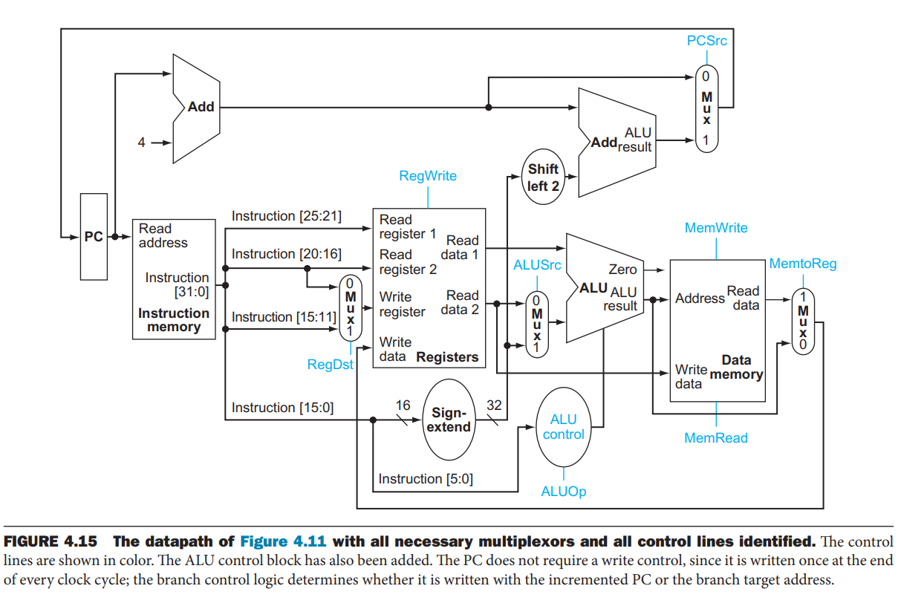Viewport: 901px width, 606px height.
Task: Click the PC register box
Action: click(94, 237)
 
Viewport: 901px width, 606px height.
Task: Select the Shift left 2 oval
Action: click(543, 177)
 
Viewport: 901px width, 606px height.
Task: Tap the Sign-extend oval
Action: click(451, 420)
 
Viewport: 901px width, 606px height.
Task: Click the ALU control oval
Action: click(563, 427)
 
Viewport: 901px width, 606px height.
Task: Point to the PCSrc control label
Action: click(706, 41)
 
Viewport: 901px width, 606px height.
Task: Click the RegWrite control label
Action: click(428, 176)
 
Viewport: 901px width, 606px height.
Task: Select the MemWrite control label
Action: click(716, 228)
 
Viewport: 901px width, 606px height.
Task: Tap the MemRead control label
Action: click(716, 438)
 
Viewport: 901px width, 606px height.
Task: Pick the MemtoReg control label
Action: click(802, 264)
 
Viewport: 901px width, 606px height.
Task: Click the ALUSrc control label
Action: click(537, 265)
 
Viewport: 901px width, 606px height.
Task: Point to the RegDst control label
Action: click(330, 365)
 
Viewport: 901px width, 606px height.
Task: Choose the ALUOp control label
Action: click(563, 492)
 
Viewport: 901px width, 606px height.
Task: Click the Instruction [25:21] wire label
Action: click(286, 216)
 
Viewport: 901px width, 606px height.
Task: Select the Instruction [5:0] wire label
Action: click(425, 479)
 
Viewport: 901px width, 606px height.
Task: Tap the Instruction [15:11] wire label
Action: click(283, 317)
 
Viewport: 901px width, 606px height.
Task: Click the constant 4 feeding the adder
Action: click(142, 143)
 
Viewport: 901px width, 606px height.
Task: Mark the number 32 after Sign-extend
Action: click(494, 405)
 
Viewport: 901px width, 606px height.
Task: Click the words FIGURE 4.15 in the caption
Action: click(51, 541)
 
